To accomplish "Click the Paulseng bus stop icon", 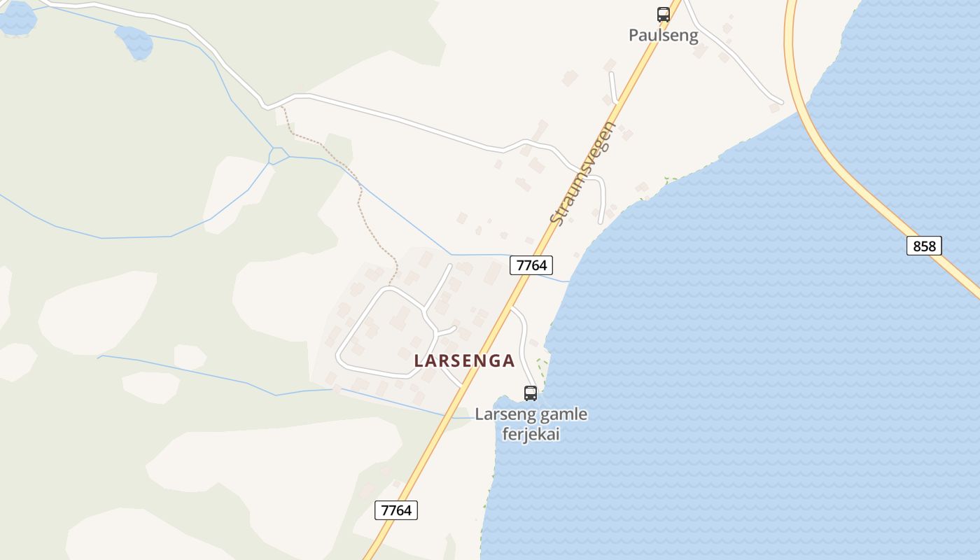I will (x=663, y=14).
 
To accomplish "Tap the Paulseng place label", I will (x=663, y=35).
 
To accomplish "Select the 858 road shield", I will (x=924, y=246).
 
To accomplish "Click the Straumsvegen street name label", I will (x=582, y=174).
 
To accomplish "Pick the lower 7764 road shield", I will (x=396, y=510).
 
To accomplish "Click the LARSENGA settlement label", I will (x=464, y=361).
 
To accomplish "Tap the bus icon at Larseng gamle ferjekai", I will (x=531, y=393).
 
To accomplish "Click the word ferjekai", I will (x=531, y=434).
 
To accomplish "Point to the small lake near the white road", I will (x=134, y=41).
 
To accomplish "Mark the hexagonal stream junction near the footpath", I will (x=279, y=155).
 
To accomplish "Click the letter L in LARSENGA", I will (x=419, y=361).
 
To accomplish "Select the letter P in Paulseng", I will (x=633, y=35).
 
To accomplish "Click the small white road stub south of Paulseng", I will (x=613, y=87).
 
